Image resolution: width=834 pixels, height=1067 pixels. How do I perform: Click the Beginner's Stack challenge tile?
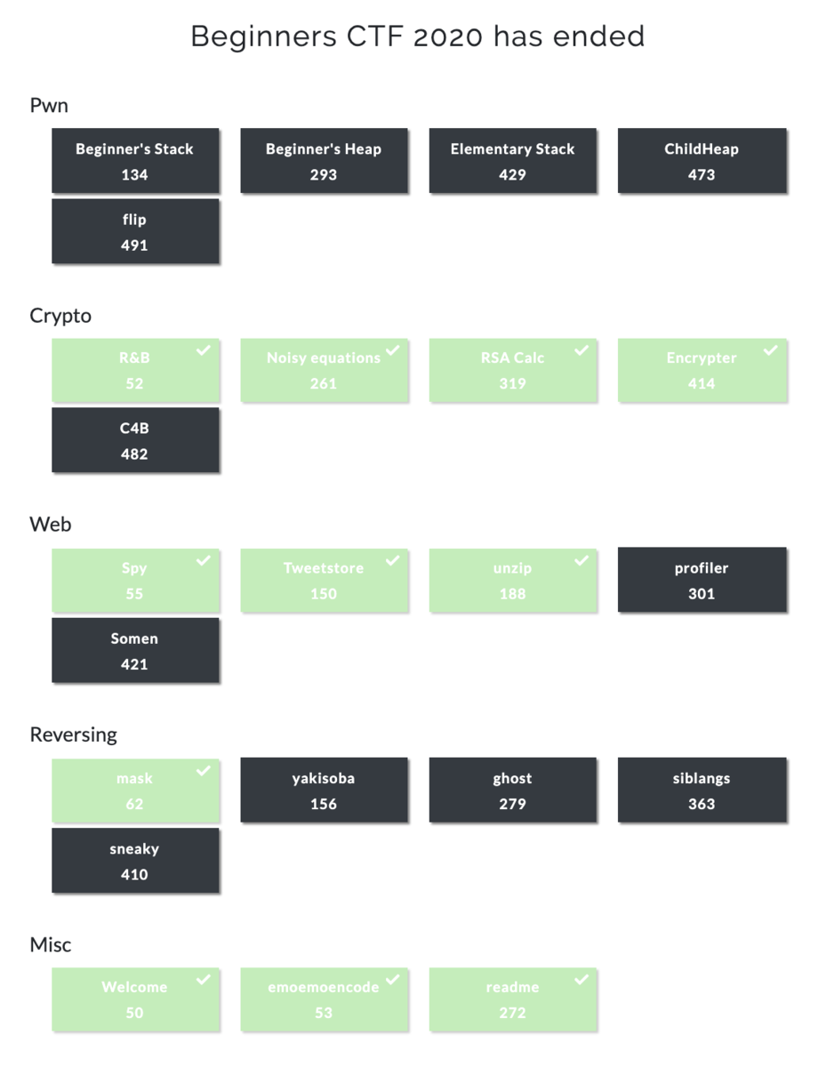[x=135, y=161]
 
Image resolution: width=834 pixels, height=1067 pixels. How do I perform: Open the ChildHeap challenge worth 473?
[x=702, y=161]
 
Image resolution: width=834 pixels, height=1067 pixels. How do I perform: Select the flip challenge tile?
[x=135, y=231]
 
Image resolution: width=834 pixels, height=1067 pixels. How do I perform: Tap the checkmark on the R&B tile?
[x=204, y=351]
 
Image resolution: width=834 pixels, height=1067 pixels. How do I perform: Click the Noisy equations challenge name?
[x=323, y=358]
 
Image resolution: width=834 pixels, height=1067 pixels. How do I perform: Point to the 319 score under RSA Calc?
[x=512, y=384]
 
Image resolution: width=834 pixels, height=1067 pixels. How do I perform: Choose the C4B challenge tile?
[x=135, y=441]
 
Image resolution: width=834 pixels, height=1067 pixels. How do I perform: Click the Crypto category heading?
[x=60, y=316]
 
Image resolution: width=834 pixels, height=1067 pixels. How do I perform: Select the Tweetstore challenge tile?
[x=324, y=581]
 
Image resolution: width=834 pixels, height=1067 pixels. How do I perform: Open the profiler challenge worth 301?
[x=702, y=581]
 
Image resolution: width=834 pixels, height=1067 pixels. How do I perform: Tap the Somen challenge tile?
[x=135, y=651]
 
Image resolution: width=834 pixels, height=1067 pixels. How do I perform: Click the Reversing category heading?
[x=73, y=734]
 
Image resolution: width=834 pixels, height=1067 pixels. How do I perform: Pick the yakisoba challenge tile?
[x=324, y=790]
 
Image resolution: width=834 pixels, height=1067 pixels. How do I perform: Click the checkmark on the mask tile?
[x=204, y=771]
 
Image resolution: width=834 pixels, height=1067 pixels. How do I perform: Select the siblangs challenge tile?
[x=702, y=790]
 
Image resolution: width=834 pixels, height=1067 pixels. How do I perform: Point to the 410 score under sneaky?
[x=134, y=875]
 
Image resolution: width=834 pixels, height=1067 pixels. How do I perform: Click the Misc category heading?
[x=51, y=944]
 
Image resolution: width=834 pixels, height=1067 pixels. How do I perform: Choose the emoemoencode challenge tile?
[x=324, y=1000]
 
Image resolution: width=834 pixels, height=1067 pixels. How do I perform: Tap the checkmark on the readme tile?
[x=581, y=980]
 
